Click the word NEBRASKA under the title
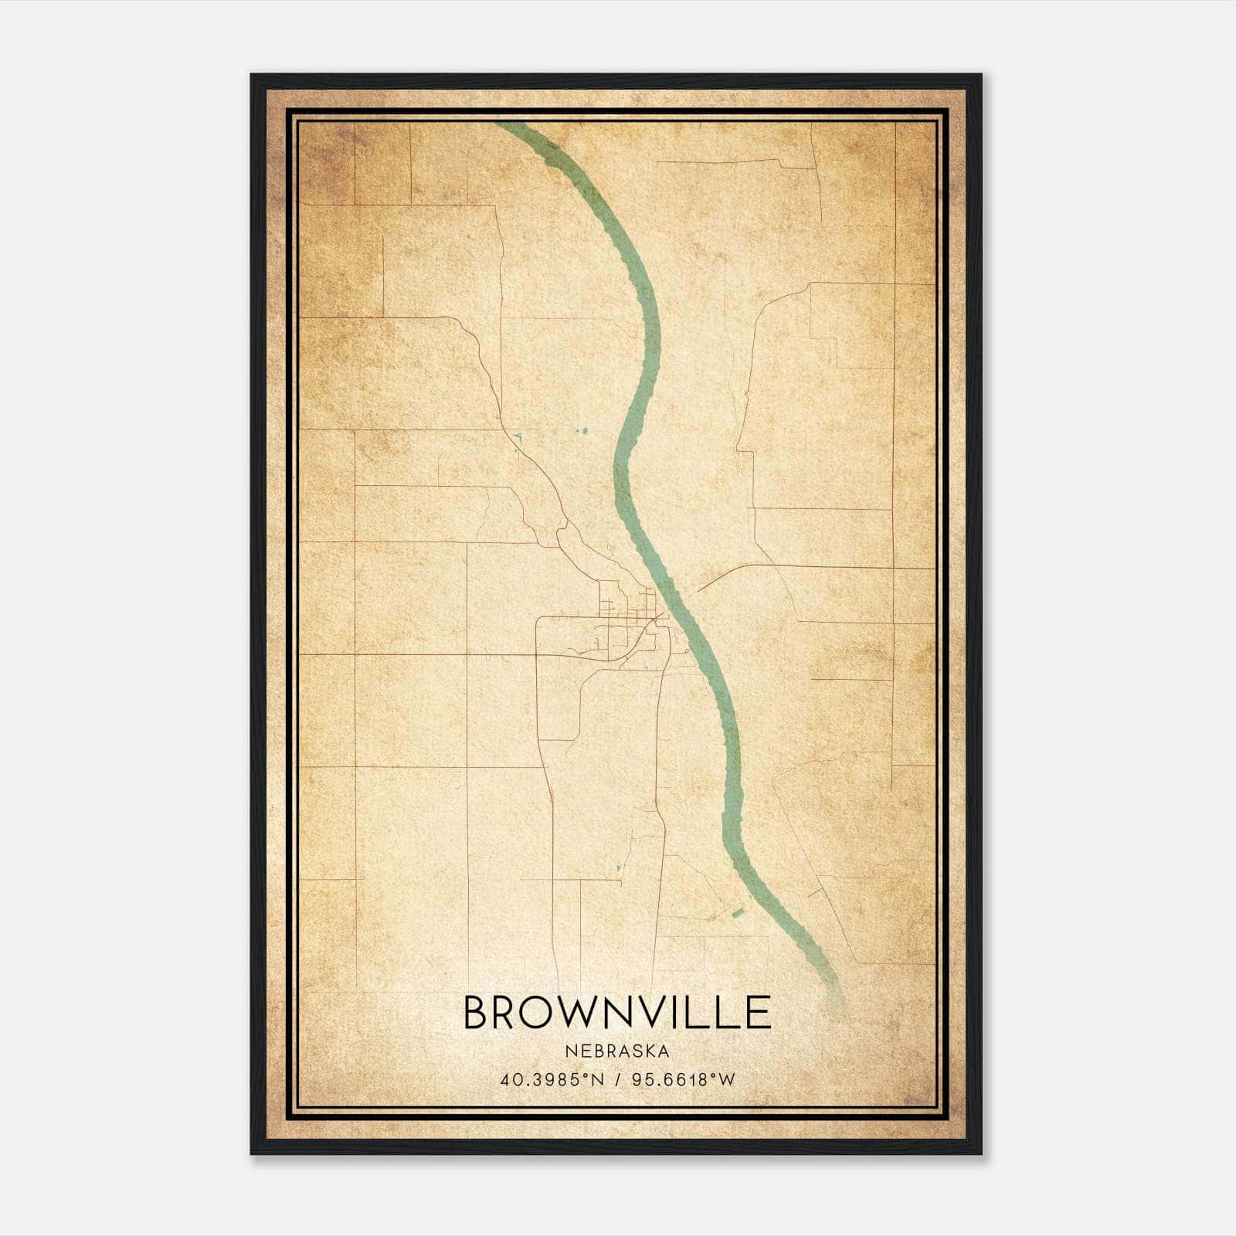616,1051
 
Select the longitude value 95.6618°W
684,1080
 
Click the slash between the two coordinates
619,1080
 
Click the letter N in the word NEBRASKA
569,1051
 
